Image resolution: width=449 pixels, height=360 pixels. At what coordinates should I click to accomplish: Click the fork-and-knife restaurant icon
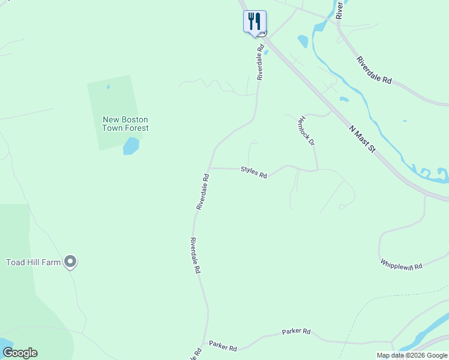[255, 22]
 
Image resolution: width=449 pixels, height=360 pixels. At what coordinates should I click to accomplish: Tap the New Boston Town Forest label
[125, 124]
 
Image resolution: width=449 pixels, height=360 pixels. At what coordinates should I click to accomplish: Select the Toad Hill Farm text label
[34, 262]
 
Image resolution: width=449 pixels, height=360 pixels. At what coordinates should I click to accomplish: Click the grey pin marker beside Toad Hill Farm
[71, 261]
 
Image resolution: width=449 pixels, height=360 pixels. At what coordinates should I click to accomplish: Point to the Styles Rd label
[254, 172]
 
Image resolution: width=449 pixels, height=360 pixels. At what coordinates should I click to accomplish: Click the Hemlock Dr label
[306, 131]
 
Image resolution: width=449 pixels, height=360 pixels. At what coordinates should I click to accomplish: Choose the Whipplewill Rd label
[401, 264]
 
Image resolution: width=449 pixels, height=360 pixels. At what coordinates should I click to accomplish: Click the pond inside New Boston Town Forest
[131, 146]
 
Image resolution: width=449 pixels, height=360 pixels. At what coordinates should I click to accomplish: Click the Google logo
[20, 353]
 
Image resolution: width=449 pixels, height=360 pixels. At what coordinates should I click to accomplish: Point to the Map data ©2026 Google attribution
[411, 355]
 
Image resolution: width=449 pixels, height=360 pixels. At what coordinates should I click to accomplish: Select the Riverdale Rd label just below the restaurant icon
[261, 63]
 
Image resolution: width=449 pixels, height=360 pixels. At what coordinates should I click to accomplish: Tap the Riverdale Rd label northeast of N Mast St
[373, 70]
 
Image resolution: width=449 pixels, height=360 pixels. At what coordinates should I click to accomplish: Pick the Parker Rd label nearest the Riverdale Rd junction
[223, 346]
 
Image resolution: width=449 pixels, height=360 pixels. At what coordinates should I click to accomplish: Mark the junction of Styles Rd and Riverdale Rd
[210, 168]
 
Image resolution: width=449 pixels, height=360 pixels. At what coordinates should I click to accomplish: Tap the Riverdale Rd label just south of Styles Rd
[202, 192]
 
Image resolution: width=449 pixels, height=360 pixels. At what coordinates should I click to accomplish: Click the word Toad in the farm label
[16, 262]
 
